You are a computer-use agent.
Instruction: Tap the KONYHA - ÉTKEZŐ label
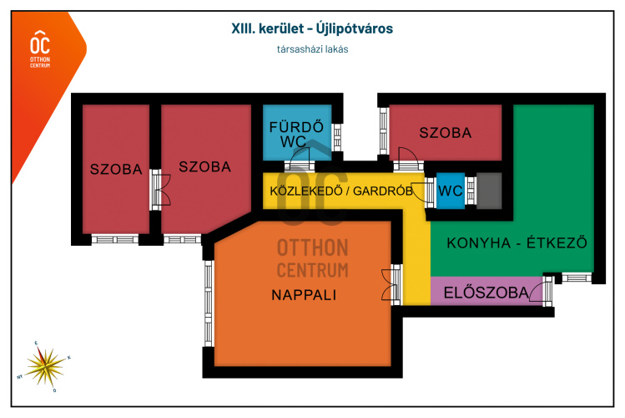[517, 243]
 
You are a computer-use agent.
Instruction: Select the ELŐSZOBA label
[486, 293]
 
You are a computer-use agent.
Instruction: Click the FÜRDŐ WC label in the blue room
[295, 135]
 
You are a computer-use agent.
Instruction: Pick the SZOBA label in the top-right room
[445, 132]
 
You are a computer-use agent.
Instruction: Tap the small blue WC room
[451, 191]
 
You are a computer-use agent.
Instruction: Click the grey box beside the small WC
[488, 191]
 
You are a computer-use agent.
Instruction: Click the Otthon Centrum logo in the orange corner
[39, 48]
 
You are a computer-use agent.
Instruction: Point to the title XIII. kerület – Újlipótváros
[312, 28]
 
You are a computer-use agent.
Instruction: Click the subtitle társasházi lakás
[312, 48]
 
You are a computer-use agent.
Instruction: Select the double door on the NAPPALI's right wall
[387, 284]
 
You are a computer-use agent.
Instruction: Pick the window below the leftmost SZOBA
[114, 239]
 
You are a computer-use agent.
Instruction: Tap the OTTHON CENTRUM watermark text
[312, 257]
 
